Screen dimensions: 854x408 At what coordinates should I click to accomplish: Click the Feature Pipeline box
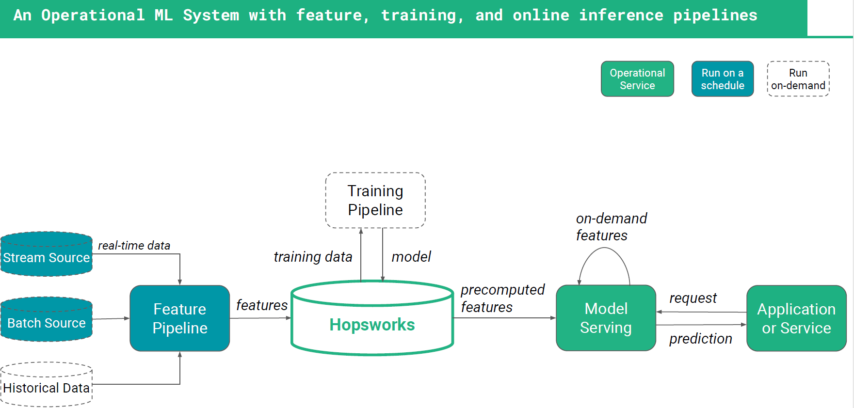tap(180, 318)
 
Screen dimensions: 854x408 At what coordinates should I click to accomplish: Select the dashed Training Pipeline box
tap(375, 200)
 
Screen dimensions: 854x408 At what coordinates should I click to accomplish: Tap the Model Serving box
tap(606, 318)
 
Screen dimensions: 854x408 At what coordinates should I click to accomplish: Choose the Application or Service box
tap(797, 318)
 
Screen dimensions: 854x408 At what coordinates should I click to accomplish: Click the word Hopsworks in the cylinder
tap(372, 325)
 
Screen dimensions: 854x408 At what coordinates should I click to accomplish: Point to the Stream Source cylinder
tap(47, 254)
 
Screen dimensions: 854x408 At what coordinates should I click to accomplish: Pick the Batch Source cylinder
tap(47, 319)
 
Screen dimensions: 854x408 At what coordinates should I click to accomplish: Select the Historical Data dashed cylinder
tap(47, 385)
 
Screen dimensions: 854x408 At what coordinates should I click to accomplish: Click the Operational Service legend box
tap(638, 79)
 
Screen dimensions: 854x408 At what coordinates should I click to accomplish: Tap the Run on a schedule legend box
tap(723, 79)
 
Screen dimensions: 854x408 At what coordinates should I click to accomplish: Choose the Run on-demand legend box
tap(798, 79)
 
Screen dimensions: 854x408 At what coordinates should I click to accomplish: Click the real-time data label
tap(134, 246)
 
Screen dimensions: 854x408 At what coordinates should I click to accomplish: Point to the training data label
tap(313, 257)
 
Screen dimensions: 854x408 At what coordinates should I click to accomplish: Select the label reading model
tap(411, 257)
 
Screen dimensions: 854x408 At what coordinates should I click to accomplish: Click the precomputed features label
tap(502, 298)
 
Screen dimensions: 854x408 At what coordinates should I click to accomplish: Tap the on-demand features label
tap(612, 227)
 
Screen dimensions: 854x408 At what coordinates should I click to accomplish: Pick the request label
tap(693, 298)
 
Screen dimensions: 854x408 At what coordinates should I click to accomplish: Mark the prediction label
tap(701, 339)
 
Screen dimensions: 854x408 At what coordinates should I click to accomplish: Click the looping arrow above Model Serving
tap(604, 248)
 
